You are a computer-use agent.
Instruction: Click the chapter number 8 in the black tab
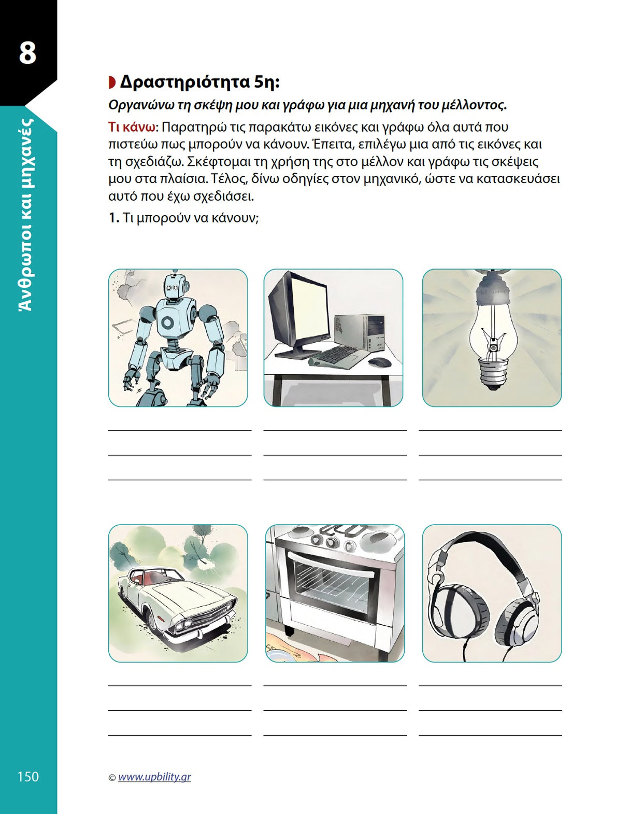[x=27, y=53]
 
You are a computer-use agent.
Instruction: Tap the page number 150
[x=28, y=776]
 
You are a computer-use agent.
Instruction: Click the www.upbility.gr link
[x=154, y=777]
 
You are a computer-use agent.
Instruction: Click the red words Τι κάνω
[x=132, y=127]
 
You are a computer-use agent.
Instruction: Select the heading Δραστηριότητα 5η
[x=199, y=82]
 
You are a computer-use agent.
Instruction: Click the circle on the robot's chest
[x=168, y=321]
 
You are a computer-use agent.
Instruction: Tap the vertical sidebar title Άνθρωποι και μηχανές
[x=27, y=215]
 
